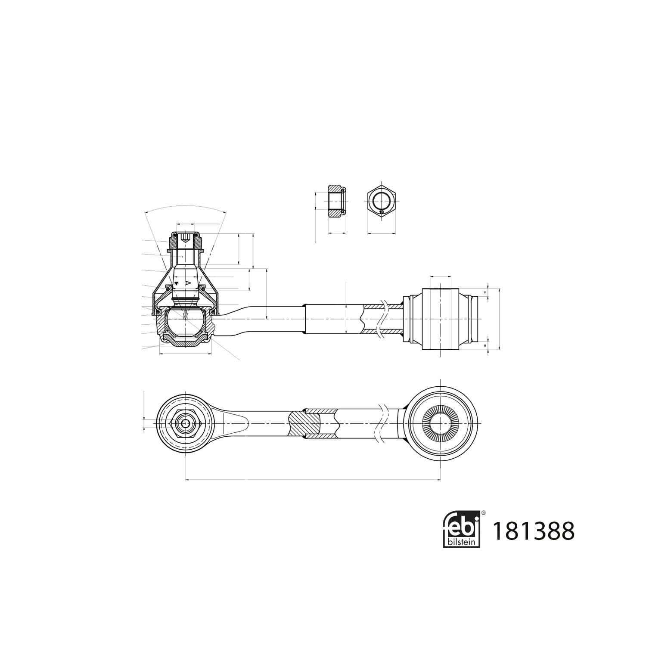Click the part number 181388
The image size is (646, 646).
(533, 531)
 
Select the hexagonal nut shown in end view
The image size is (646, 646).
(382, 201)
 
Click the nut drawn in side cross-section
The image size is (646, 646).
(337, 201)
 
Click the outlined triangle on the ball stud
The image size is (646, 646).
(188, 283)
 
